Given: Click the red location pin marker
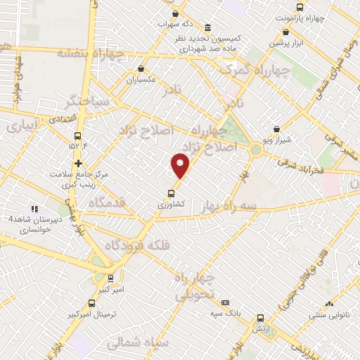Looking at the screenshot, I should (x=181, y=165).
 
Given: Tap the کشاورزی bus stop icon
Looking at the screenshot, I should (x=171, y=193).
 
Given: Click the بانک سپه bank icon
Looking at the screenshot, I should (x=225, y=302).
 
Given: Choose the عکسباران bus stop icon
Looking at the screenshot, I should (x=141, y=69).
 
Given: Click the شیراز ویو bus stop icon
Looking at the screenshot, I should (x=278, y=129).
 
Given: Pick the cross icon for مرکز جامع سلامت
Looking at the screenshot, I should (x=79, y=163).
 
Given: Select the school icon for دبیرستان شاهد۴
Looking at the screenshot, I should (x=34, y=209).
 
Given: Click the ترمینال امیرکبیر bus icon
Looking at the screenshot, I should (x=92, y=304).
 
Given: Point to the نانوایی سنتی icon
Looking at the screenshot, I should (x=329, y=304).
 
